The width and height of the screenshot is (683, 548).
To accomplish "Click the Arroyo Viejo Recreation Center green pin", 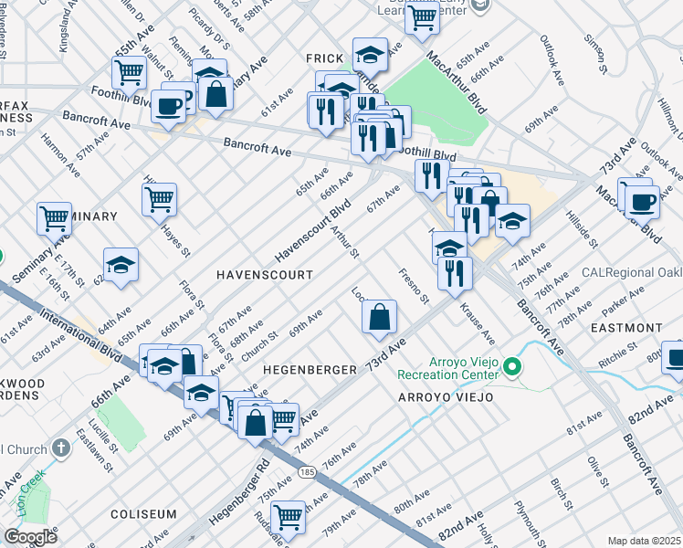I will (x=512, y=368).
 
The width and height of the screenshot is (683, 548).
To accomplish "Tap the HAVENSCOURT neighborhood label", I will (x=264, y=274).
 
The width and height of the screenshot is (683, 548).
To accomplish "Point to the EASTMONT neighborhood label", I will (x=625, y=327).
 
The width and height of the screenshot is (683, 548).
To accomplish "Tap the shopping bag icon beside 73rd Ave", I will (x=379, y=317).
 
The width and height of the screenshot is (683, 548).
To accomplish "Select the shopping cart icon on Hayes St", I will (x=159, y=198).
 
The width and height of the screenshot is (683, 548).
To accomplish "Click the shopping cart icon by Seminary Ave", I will (x=54, y=218).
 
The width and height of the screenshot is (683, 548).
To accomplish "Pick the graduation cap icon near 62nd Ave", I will (x=120, y=264).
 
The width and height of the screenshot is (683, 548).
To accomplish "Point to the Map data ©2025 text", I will (x=644, y=541).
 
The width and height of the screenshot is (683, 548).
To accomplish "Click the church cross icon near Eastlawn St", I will (x=60, y=448).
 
